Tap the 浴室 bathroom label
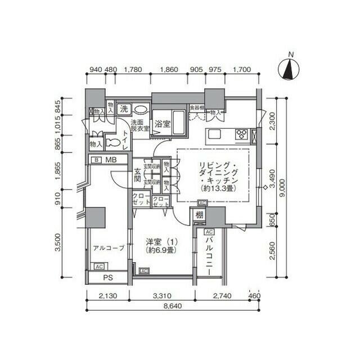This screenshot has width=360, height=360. pos(163,123)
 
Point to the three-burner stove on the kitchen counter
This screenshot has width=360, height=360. pos(242,134)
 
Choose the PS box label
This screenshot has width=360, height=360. pos(108,278)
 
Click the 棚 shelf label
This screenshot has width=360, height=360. pos(199,214)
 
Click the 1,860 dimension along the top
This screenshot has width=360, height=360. pos(169,70)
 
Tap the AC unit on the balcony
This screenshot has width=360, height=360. pos(208,232)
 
